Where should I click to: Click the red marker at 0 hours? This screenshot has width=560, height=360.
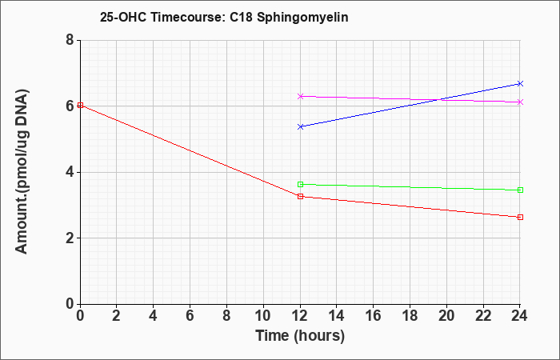click(x=80, y=105)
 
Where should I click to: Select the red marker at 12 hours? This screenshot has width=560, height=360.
click(x=300, y=196)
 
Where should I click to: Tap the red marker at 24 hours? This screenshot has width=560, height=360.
click(x=520, y=217)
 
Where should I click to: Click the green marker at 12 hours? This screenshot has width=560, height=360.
click(x=300, y=184)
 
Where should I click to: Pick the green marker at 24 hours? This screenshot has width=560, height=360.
click(x=520, y=190)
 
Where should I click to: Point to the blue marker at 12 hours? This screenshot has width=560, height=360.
click(x=300, y=126)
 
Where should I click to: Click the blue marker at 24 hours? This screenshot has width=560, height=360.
click(x=520, y=83)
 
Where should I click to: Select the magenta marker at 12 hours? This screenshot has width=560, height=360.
click(x=300, y=96)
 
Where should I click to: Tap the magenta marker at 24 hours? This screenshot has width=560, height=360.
click(x=520, y=102)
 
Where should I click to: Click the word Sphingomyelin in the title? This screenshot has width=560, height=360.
click(x=302, y=18)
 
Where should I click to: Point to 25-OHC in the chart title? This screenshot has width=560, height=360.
click(x=123, y=17)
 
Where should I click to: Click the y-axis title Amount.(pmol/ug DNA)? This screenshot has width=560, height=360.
click(x=22, y=172)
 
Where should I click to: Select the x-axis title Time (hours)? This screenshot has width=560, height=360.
click(x=300, y=336)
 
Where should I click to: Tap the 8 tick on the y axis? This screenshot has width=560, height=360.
click(x=70, y=40)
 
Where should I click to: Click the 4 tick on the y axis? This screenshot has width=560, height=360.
click(x=70, y=172)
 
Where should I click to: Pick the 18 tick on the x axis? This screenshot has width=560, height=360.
click(x=410, y=316)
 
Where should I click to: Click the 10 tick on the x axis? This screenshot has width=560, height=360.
click(x=263, y=316)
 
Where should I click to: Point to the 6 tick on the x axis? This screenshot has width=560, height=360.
click(x=190, y=316)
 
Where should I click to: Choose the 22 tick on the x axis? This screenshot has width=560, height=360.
click(x=483, y=316)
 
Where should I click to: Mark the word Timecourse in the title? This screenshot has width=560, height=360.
click(x=187, y=17)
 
